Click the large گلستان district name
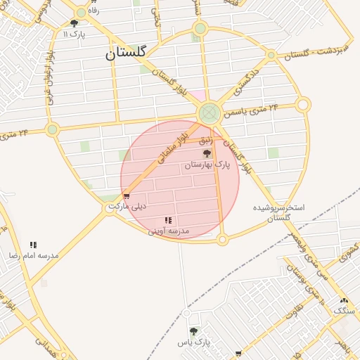pos(126,53)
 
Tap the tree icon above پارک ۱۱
pos(74,23)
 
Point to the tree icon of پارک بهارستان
pos(207,153)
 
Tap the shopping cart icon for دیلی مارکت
pos(127,197)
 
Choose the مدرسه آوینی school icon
pos(167,221)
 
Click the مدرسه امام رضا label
pos(33,255)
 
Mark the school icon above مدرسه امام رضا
pos(33,245)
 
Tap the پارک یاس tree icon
pos(193,331)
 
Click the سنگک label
pos(345,310)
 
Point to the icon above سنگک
pos(344,300)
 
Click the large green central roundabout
pos(209,113)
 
